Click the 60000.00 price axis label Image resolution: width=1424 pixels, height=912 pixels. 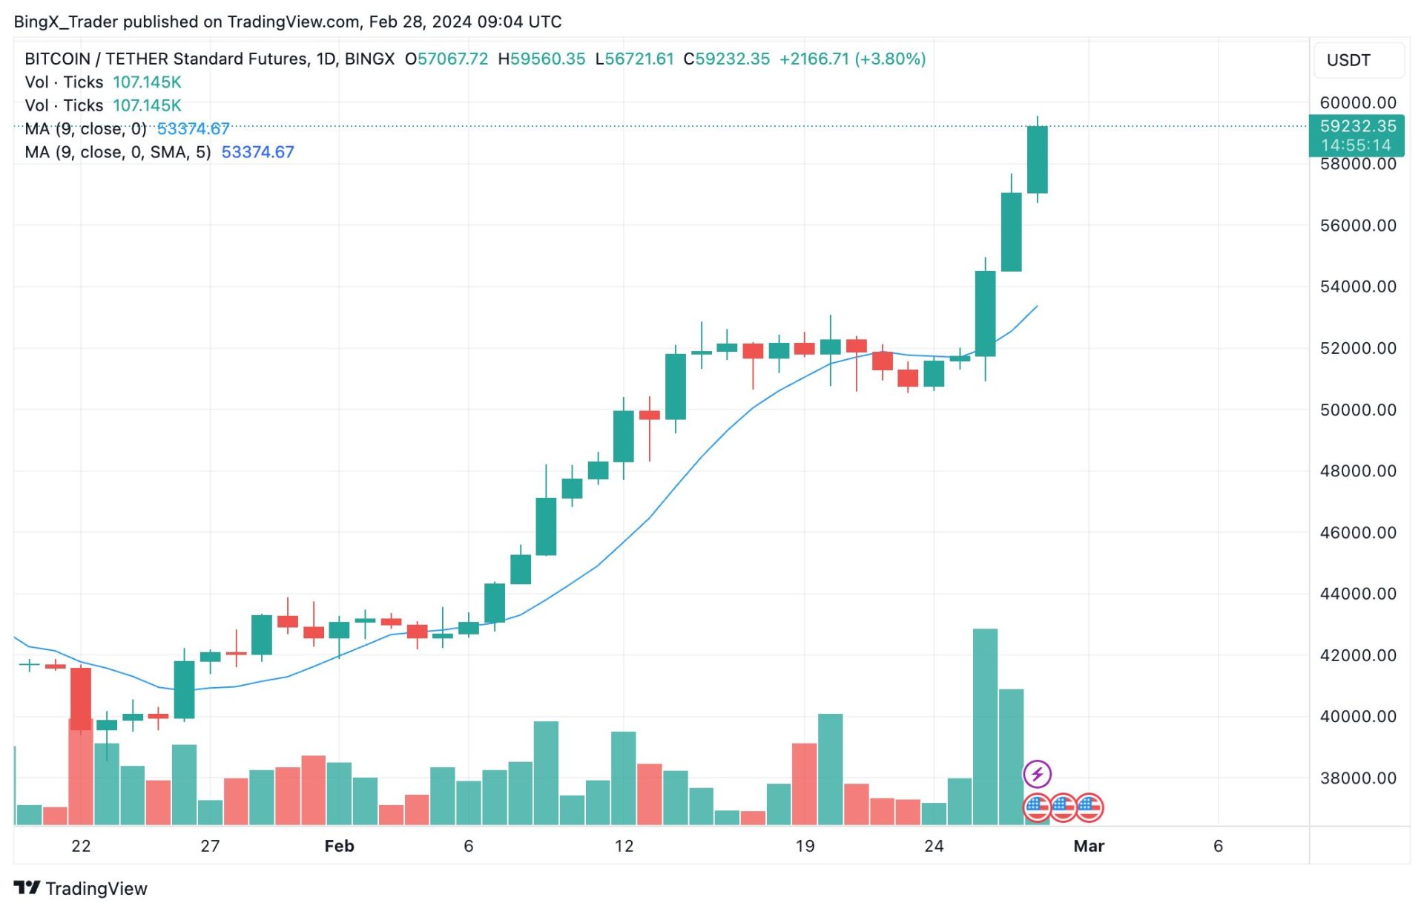click(x=1357, y=102)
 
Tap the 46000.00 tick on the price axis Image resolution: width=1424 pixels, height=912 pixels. click(x=1357, y=532)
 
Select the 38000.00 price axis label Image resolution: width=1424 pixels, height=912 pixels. click(x=1357, y=778)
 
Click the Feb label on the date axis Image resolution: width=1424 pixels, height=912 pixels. click(x=339, y=846)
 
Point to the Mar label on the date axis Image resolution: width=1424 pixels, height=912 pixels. click(x=1088, y=846)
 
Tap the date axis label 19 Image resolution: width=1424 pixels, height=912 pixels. click(x=805, y=846)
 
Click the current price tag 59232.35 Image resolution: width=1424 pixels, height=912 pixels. click(x=1357, y=126)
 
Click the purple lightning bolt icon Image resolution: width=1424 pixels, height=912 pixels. click(x=1037, y=774)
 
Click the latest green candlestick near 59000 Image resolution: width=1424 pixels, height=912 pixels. click(x=1037, y=160)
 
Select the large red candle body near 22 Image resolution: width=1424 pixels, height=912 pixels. click(x=81, y=698)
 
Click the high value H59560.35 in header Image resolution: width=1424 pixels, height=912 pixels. click(x=541, y=59)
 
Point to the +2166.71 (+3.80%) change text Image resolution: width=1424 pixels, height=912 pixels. click(x=852, y=59)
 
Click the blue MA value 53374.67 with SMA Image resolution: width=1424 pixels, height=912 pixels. click(x=257, y=152)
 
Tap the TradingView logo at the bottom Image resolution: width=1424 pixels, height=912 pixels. click(x=81, y=888)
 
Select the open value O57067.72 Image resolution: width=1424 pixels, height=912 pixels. click(x=446, y=59)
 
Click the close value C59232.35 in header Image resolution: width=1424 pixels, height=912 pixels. click(x=726, y=59)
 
